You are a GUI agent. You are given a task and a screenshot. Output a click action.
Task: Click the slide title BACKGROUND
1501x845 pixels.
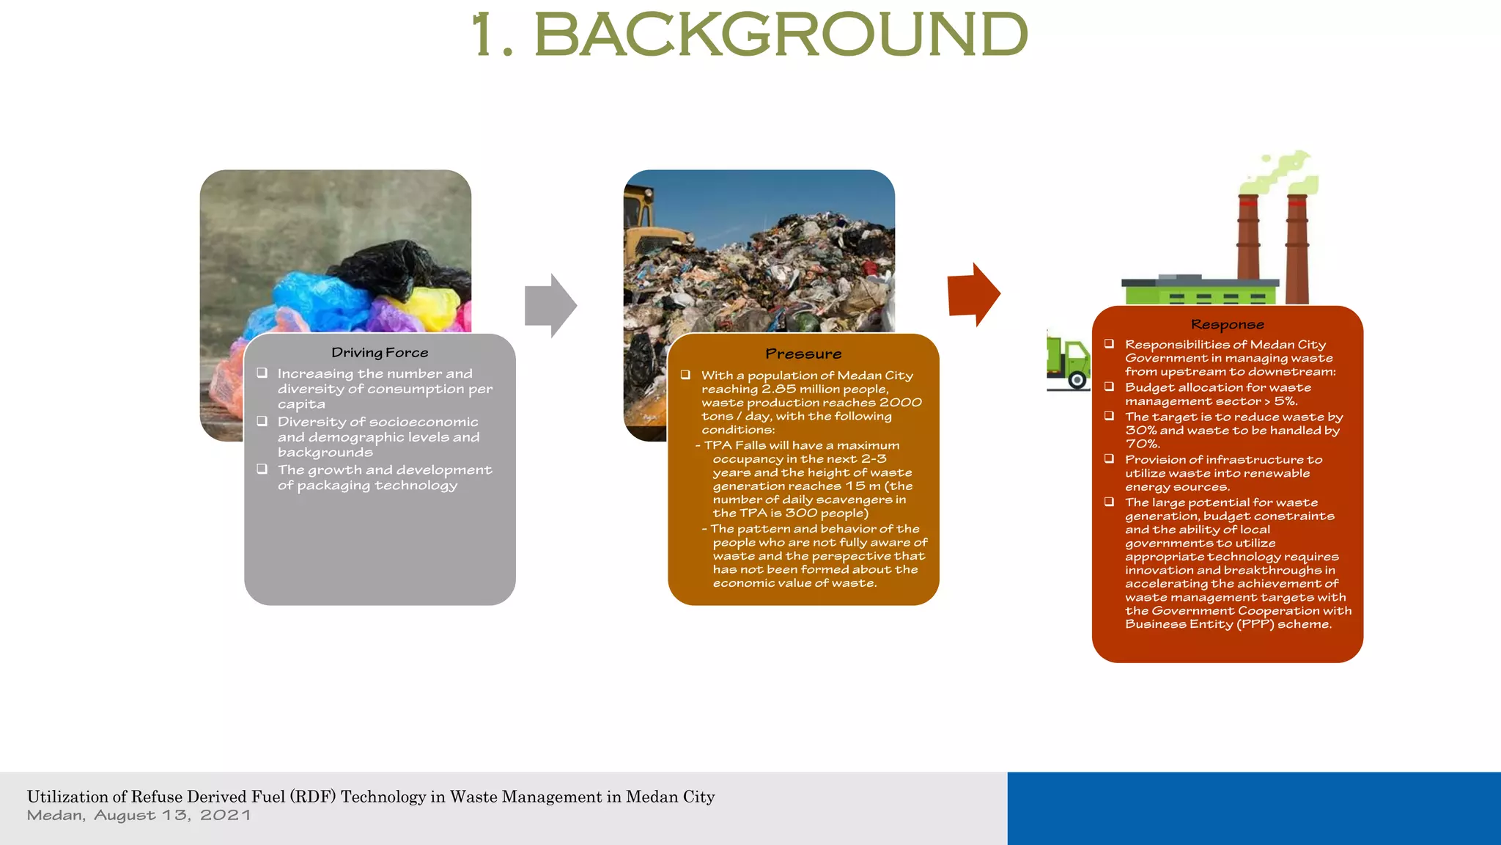781,34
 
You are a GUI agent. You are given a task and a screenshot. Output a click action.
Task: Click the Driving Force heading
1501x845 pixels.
380,353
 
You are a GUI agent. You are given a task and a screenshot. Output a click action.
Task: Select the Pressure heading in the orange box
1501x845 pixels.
803,354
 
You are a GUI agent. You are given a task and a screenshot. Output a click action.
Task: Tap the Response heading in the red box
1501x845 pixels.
1228,324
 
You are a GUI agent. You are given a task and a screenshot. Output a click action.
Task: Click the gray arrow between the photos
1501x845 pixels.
550,306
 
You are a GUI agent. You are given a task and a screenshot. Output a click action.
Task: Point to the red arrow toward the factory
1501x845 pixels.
973,294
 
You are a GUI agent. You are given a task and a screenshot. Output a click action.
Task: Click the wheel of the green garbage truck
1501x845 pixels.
1077,379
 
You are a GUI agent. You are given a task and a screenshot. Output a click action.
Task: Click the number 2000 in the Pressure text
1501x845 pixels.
900,403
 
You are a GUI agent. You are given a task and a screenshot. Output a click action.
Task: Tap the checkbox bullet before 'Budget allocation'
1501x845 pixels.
1110,387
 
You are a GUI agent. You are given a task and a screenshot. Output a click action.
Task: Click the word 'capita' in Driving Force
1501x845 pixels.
301,404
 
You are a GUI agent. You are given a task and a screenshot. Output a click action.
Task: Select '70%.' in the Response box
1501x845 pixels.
1142,444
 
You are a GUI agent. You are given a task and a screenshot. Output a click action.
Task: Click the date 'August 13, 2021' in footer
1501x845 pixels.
172,816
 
